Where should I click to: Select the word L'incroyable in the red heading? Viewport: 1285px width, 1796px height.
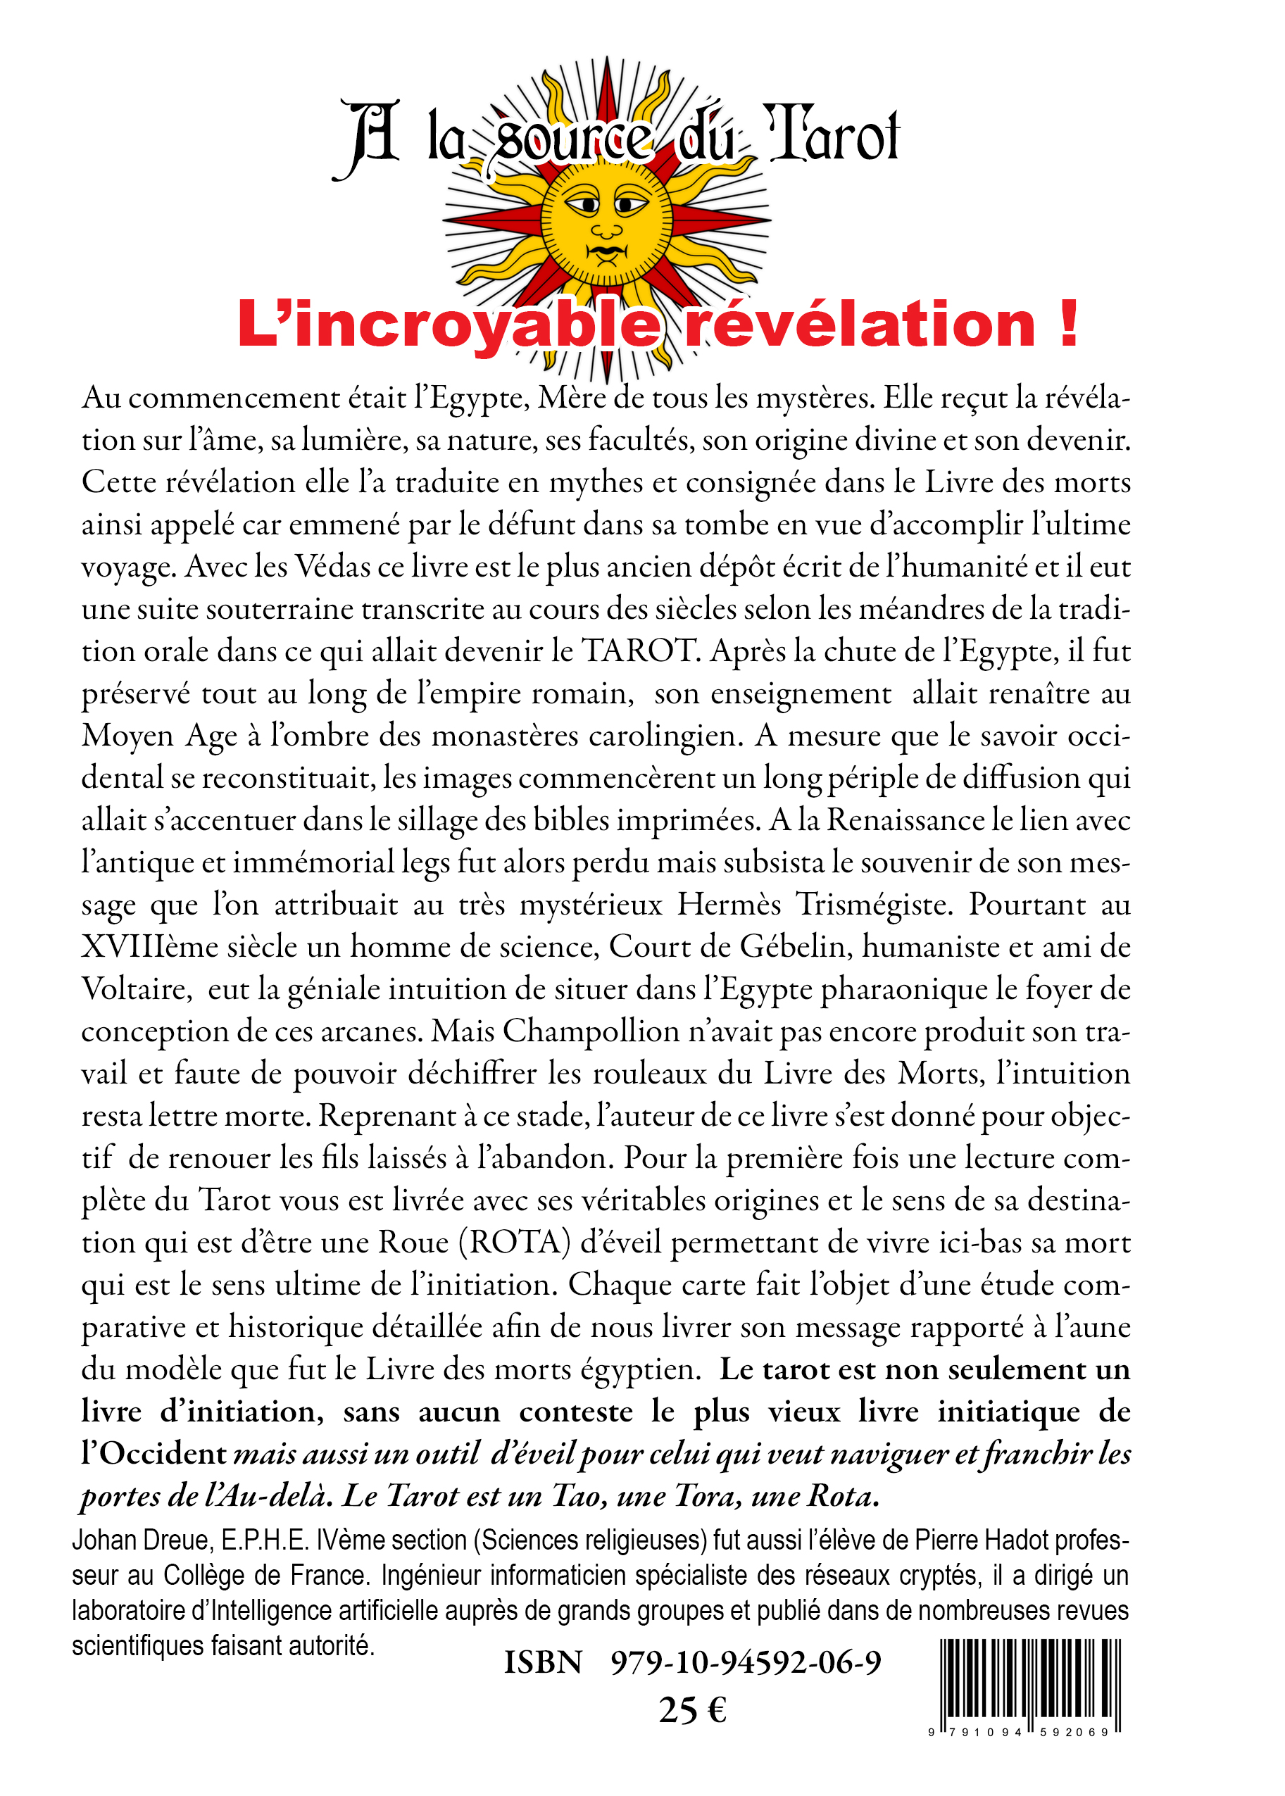449,325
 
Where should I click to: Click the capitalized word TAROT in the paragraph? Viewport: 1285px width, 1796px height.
638,651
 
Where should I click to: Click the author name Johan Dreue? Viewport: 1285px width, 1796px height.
141,1540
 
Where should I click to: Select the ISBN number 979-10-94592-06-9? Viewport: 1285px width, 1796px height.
746,1662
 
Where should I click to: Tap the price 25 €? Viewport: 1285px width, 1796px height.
692,1711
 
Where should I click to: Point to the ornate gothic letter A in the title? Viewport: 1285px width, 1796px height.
369,139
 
